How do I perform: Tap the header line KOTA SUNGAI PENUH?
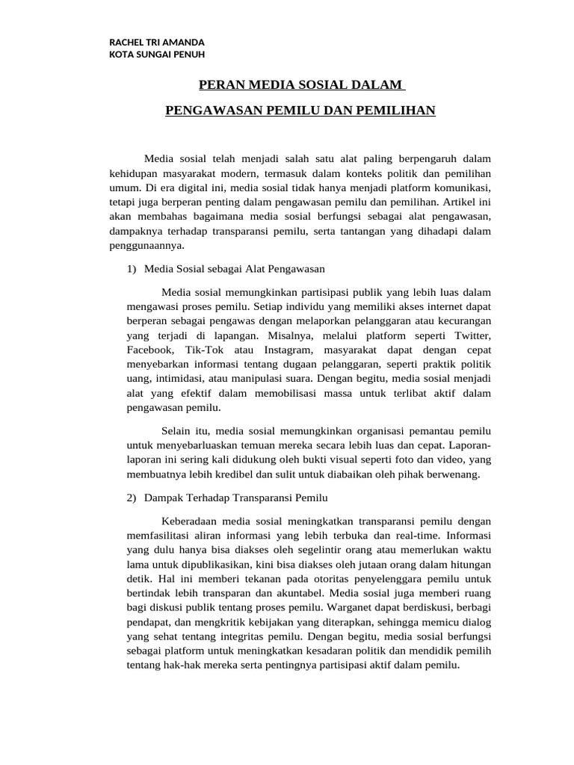pos(157,55)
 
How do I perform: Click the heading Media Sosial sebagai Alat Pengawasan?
pos(234,267)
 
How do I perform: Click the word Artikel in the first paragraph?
pos(463,202)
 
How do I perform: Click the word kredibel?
pos(238,474)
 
